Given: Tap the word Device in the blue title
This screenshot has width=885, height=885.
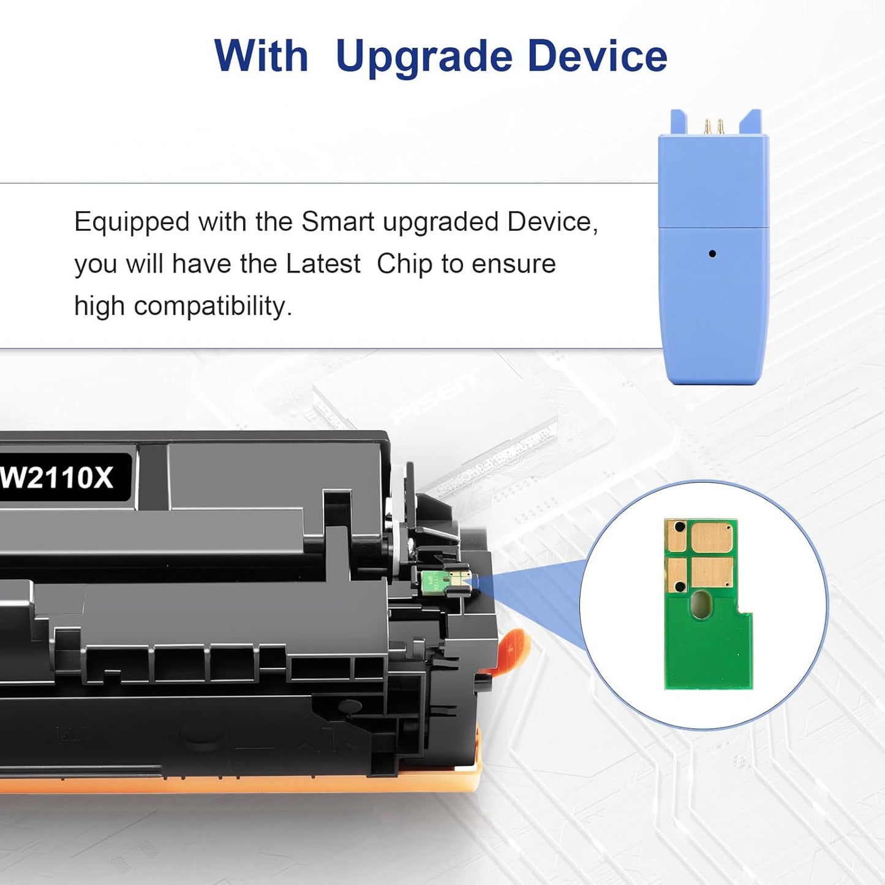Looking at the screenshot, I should click(x=597, y=57).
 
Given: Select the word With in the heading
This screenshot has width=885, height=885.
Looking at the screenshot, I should click(x=261, y=57).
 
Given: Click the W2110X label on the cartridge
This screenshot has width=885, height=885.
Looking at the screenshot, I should click(x=58, y=477).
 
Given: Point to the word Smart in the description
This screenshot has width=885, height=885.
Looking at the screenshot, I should click(x=339, y=222).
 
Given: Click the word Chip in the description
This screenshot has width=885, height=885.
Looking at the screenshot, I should click(x=404, y=264).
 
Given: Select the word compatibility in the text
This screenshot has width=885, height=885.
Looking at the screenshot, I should click(x=213, y=306).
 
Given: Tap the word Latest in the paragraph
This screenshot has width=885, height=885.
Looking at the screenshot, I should click(x=323, y=264).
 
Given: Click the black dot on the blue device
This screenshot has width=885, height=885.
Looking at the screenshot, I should click(x=712, y=254).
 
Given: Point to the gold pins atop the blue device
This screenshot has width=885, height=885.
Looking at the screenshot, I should click(x=714, y=126).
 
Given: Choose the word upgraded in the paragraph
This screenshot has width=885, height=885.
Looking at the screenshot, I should click(x=441, y=222).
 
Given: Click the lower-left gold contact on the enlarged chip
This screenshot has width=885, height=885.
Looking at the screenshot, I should click(x=677, y=574).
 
